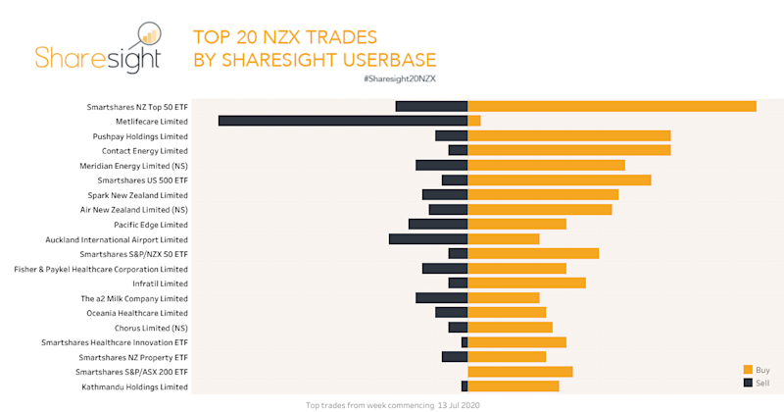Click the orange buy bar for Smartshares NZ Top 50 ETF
(612, 106)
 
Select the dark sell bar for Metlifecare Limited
(343, 121)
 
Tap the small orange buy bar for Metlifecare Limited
(474, 121)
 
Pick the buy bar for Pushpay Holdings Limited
(569, 135)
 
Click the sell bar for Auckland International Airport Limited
(428, 238)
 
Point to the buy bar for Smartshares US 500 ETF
(560, 180)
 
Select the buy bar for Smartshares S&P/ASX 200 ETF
(520, 372)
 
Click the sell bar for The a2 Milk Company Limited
(442, 298)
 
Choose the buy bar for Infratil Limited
(527, 283)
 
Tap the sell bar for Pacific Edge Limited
(438, 224)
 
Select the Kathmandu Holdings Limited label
(133, 386)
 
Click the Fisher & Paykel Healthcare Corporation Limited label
(101, 269)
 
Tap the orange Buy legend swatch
(748, 369)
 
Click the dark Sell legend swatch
(748, 382)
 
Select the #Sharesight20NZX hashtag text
(398, 77)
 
